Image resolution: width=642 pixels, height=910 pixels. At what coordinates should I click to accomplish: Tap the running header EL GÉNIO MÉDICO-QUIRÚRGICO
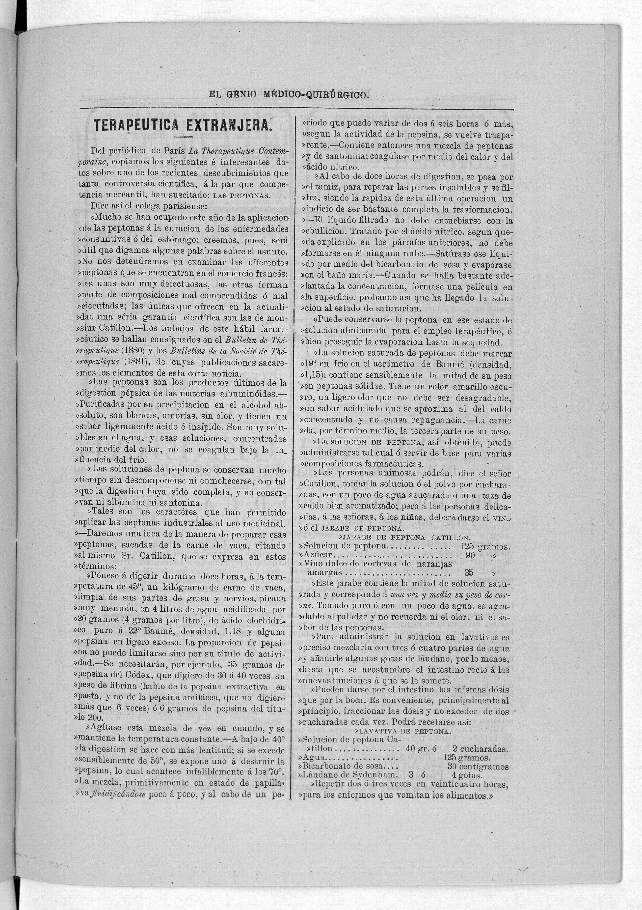pos(289,95)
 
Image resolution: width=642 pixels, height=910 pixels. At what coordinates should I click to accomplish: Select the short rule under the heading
pos(182,137)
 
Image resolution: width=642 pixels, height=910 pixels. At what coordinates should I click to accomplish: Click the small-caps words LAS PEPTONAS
pos(241,195)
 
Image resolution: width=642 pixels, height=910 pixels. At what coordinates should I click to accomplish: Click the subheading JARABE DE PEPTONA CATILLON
pos(405,538)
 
